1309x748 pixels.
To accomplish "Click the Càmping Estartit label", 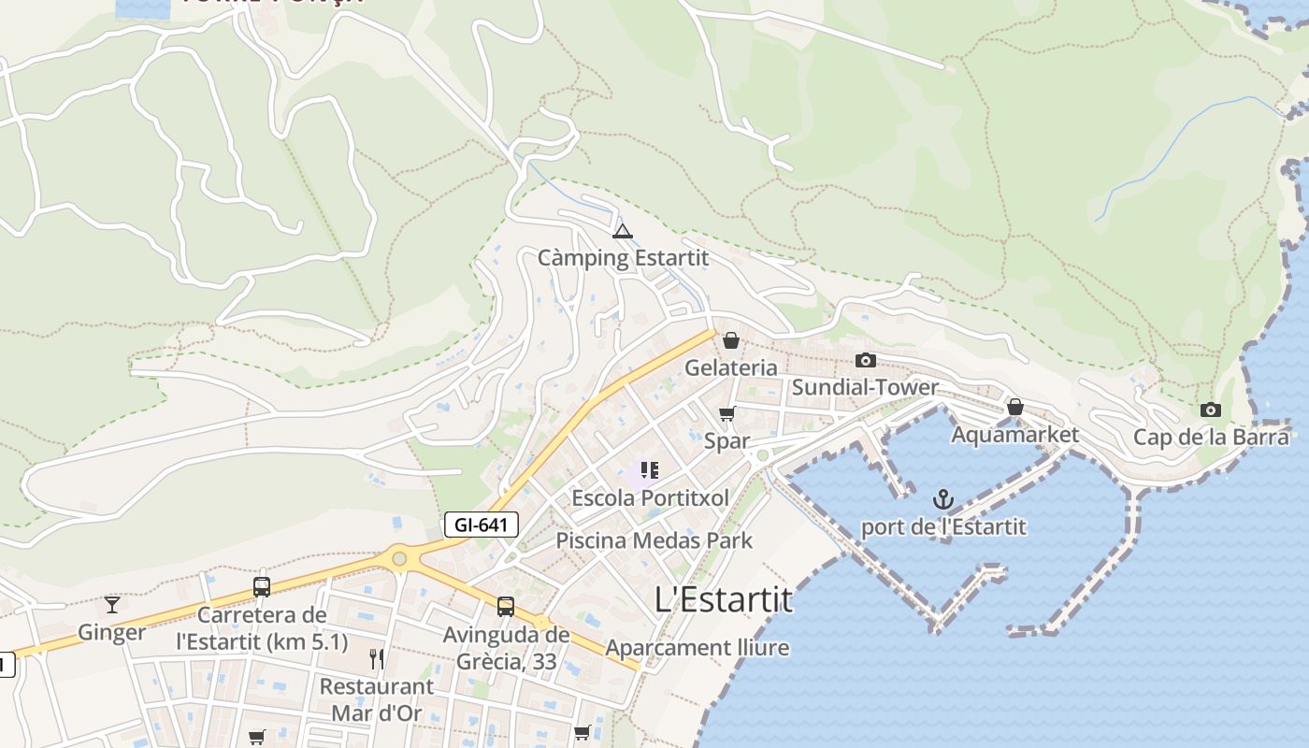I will click(623, 257).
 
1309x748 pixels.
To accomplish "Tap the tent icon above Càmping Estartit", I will click(623, 231).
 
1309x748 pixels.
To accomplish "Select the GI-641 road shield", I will click(481, 525).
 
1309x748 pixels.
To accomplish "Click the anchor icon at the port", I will click(943, 499).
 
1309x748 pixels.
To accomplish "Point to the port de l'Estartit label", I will click(943, 527).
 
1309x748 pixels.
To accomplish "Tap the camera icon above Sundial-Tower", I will click(866, 360).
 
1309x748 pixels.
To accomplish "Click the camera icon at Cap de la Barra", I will click(1211, 410).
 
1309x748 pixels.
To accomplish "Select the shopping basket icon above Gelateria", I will click(731, 340).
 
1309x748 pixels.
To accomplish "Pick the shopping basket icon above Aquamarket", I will click(1014, 408).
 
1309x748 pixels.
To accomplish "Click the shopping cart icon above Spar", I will click(727, 413).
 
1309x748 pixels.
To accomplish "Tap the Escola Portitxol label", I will click(650, 498).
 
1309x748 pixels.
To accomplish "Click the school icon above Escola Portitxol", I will click(650, 469).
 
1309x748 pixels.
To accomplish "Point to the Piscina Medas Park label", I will click(654, 540).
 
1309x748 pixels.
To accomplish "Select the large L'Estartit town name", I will click(724, 599).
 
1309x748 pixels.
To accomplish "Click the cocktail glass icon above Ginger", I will click(112, 605).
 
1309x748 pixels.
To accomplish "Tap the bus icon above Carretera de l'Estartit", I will click(262, 587).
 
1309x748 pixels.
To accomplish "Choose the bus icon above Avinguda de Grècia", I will click(506, 607).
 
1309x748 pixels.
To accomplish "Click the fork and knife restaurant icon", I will click(377, 659).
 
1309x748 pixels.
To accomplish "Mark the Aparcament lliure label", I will click(698, 648).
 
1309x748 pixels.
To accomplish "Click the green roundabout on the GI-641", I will click(399, 559).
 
